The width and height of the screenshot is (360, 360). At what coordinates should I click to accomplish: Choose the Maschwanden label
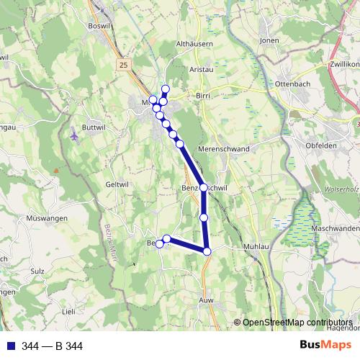336,228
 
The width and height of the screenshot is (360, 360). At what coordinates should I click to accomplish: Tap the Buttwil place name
94,126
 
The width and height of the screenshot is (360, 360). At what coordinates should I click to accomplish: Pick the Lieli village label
68,311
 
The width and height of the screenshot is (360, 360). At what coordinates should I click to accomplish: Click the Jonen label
269,41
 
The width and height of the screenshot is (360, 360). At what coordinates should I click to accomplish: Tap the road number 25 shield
124,65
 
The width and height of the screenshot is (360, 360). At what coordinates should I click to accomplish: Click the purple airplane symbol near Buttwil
76,135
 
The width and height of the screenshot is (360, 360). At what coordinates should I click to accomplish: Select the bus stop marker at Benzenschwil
204,187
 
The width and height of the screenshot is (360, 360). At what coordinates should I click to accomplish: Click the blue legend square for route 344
11,346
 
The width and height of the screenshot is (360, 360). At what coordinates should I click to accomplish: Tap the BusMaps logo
325,346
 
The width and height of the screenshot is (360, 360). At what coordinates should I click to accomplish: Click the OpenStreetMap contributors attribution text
297,322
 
